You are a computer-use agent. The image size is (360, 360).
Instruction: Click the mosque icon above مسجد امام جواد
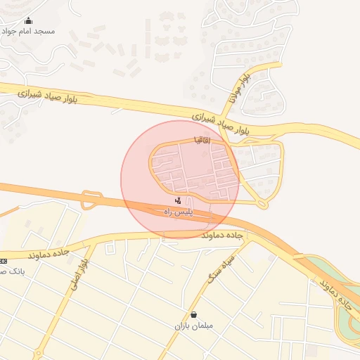click(x=28, y=20)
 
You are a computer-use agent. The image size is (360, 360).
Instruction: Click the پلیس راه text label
click(x=179, y=212)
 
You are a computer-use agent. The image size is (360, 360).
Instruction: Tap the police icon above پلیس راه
click(x=177, y=202)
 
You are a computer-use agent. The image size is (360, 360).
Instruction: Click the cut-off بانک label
click(x=12, y=271)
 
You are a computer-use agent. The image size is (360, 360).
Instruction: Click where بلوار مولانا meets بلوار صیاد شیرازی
click(x=226, y=113)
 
